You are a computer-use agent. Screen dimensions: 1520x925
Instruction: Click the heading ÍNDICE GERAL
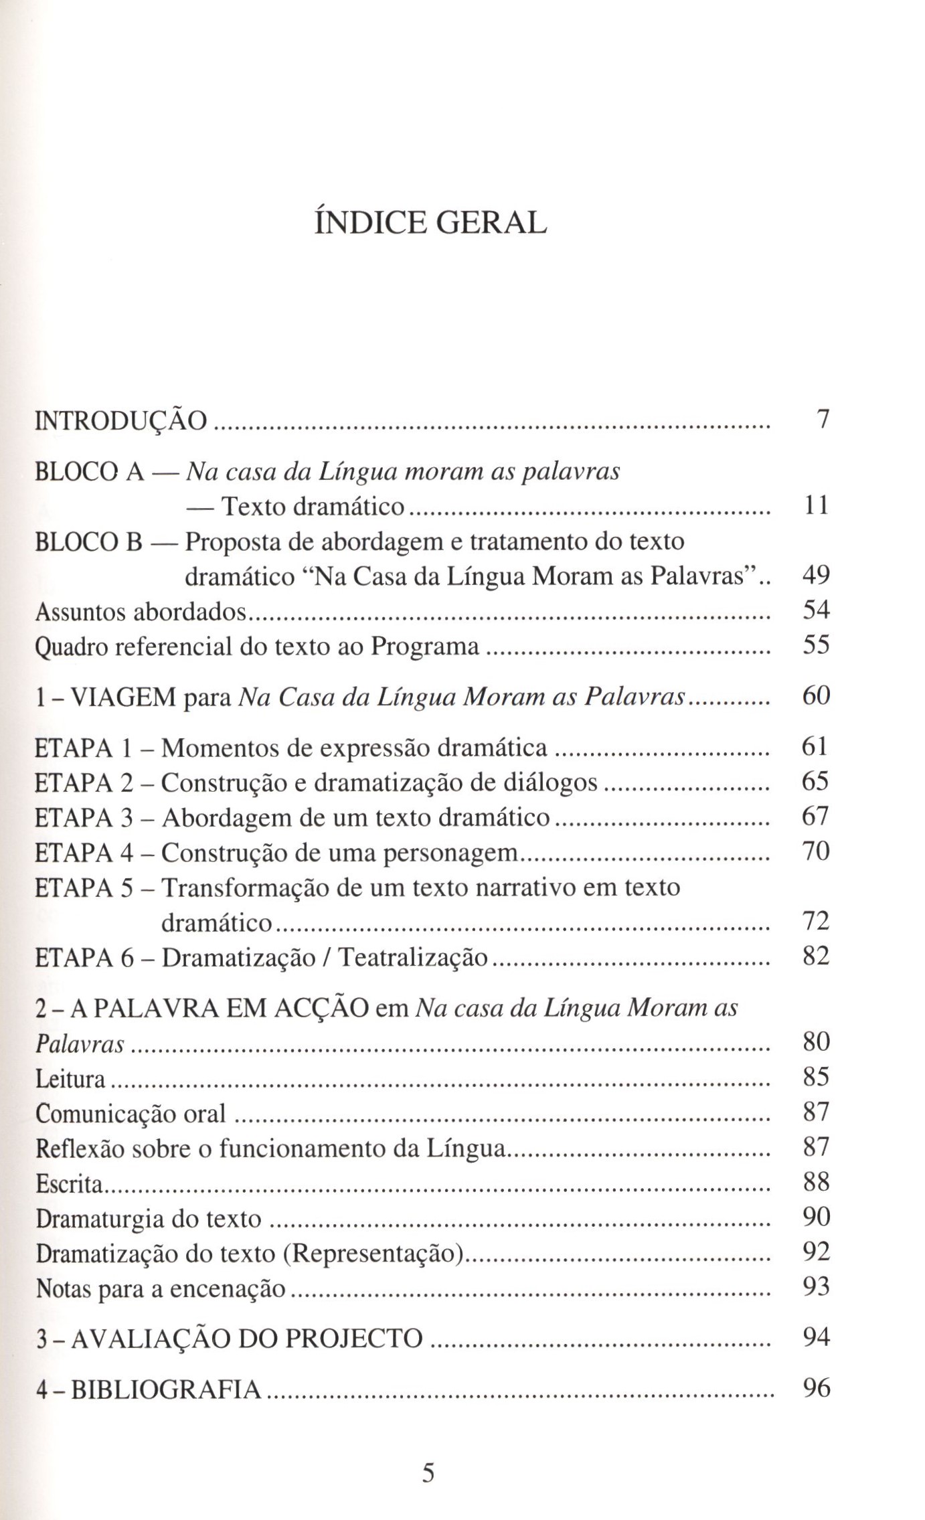tap(430, 223)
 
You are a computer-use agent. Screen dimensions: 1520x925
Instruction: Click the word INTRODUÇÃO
tap(121, 421)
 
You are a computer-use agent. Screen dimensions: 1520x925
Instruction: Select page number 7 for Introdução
tap(823, 420)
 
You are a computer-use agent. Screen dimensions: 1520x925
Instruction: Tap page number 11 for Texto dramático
tap(816, 505)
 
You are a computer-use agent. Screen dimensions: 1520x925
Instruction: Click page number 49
tap(815, 575)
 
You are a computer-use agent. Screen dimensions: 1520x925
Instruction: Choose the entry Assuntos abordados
tap(141, 611)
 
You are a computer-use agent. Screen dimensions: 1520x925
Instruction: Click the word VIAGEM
tap(123, 697)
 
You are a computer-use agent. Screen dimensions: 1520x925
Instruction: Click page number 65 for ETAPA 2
tap(815, 781)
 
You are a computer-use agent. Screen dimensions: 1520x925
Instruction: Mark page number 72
tap(815, 922)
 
